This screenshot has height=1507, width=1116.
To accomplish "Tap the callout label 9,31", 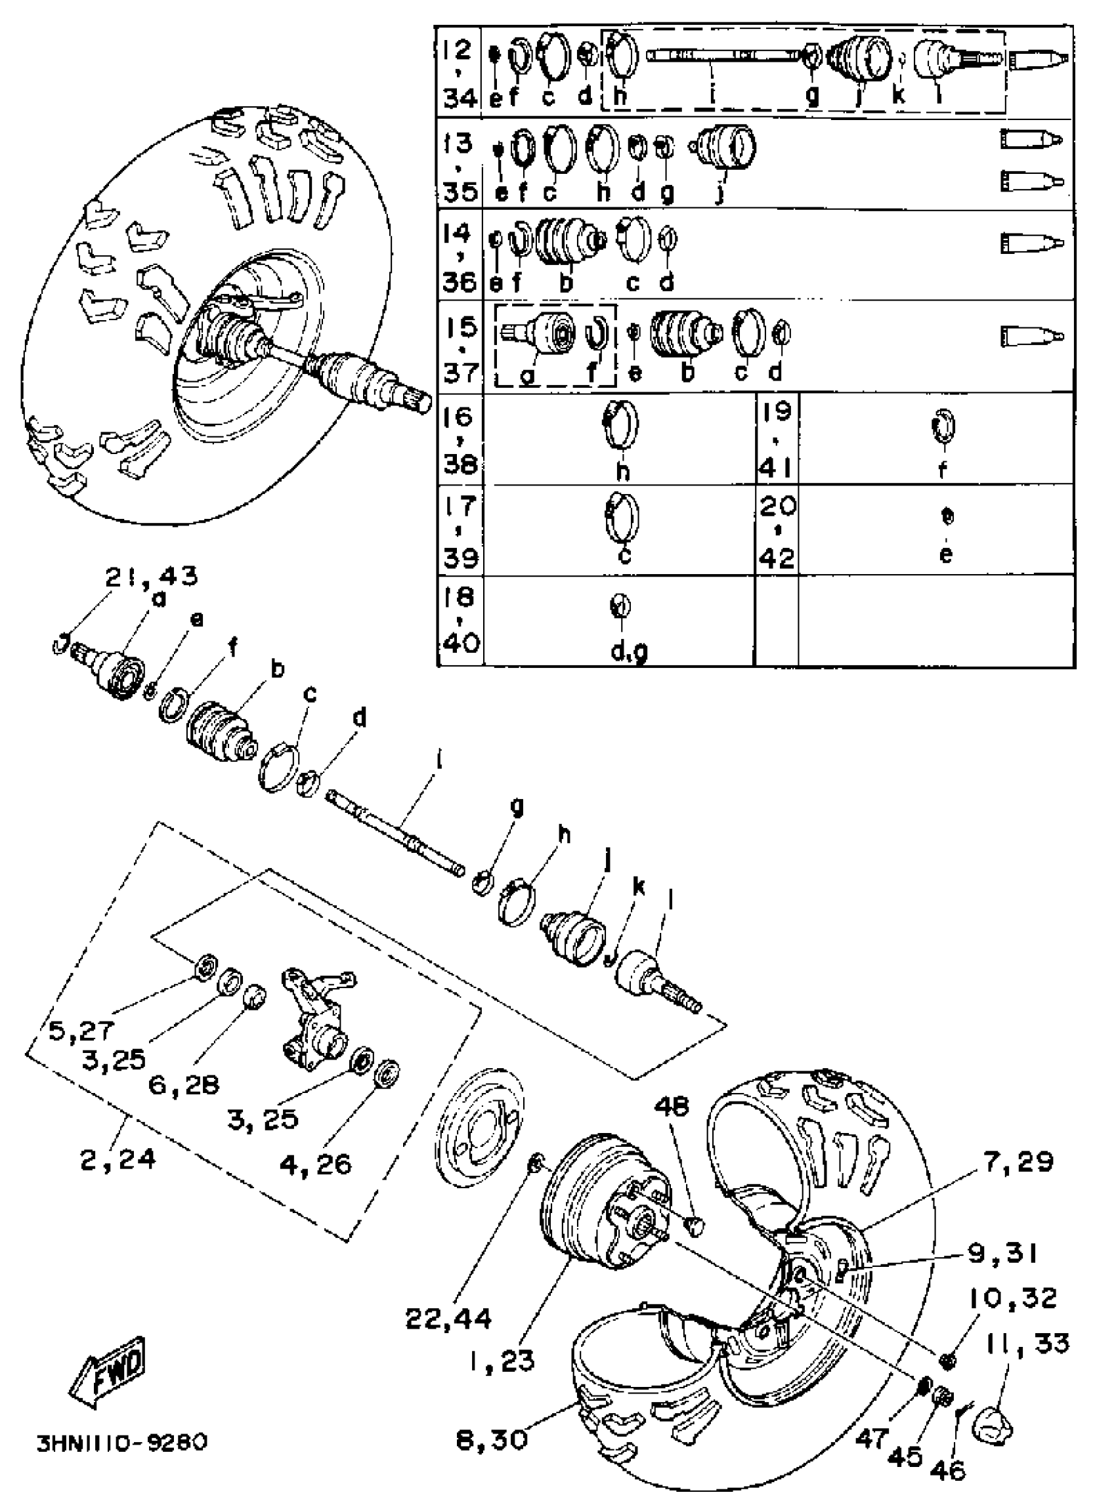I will (x=1002, y=1254).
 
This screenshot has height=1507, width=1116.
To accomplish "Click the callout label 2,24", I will (x=119, y=1159).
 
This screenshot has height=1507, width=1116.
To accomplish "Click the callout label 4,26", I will (x=316, y=1164).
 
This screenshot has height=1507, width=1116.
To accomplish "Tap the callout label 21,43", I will (x=152, y=576).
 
